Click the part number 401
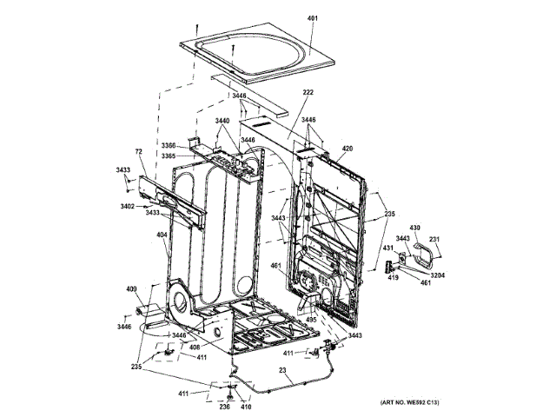pyautogui.click(x=314, y=17)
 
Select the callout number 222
pyautogui.click(x=308, y=92)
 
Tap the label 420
pyautogui.click(x=347, y=149)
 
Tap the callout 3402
pyautogui.click(x=127, y=206)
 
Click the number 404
pyautogui.click(x=162, y=235)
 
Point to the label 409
pyautogui.click(x=131, y=288)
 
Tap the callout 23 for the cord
pyautogui.click(x=282, y=371)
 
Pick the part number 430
pyautogui.click(x=414, y=228)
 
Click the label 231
pyautogui.click(x=434, y=241)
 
